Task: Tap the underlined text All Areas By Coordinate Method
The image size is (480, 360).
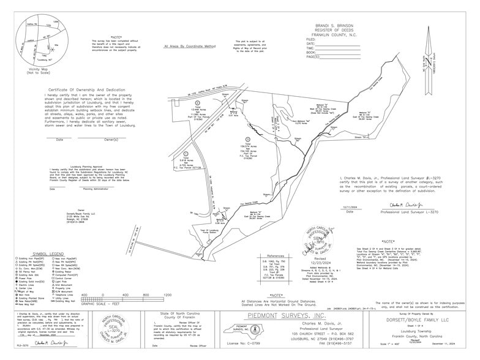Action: click(x=190, y=47)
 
